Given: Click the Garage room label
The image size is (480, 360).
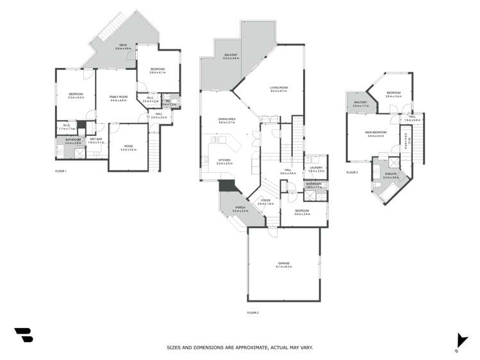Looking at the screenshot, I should pos(284,263).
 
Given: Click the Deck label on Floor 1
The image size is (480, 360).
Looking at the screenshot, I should pos(122,44).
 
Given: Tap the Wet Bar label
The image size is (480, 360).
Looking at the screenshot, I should pos(96,139).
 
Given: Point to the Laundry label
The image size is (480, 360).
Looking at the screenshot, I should pos(315,168).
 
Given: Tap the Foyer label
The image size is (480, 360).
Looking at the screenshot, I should pos(266,200).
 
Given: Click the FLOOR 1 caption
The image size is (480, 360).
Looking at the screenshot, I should pos(61,171).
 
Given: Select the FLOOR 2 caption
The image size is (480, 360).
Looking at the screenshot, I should pos(252,312).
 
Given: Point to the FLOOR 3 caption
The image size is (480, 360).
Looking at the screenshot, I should pos(352,172).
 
